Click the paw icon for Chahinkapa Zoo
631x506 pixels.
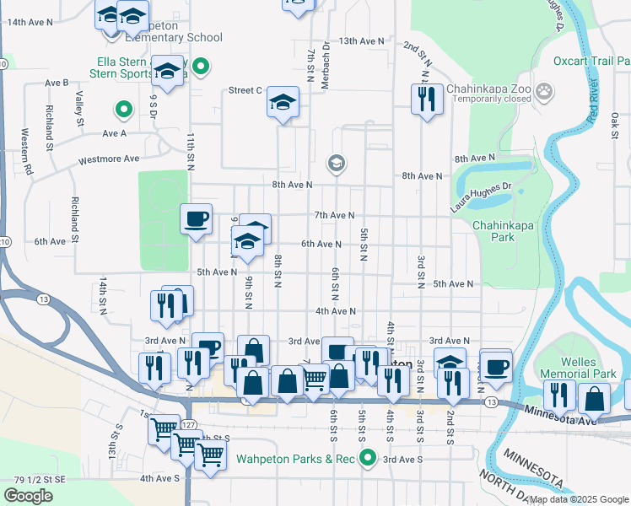[545, 89]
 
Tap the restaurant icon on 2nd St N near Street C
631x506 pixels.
[427, 98]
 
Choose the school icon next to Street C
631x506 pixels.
[283, 104]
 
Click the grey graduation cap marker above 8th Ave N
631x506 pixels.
[336, 163]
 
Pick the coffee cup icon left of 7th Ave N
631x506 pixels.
[196, 220]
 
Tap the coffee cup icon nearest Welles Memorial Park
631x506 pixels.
[496, 365]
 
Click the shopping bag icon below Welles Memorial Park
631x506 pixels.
[594, 397]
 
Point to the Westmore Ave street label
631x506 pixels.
[108, 159]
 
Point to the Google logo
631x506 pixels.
[28, 495]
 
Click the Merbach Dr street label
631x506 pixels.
[325, 66]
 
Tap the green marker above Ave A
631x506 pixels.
[122, 109]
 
